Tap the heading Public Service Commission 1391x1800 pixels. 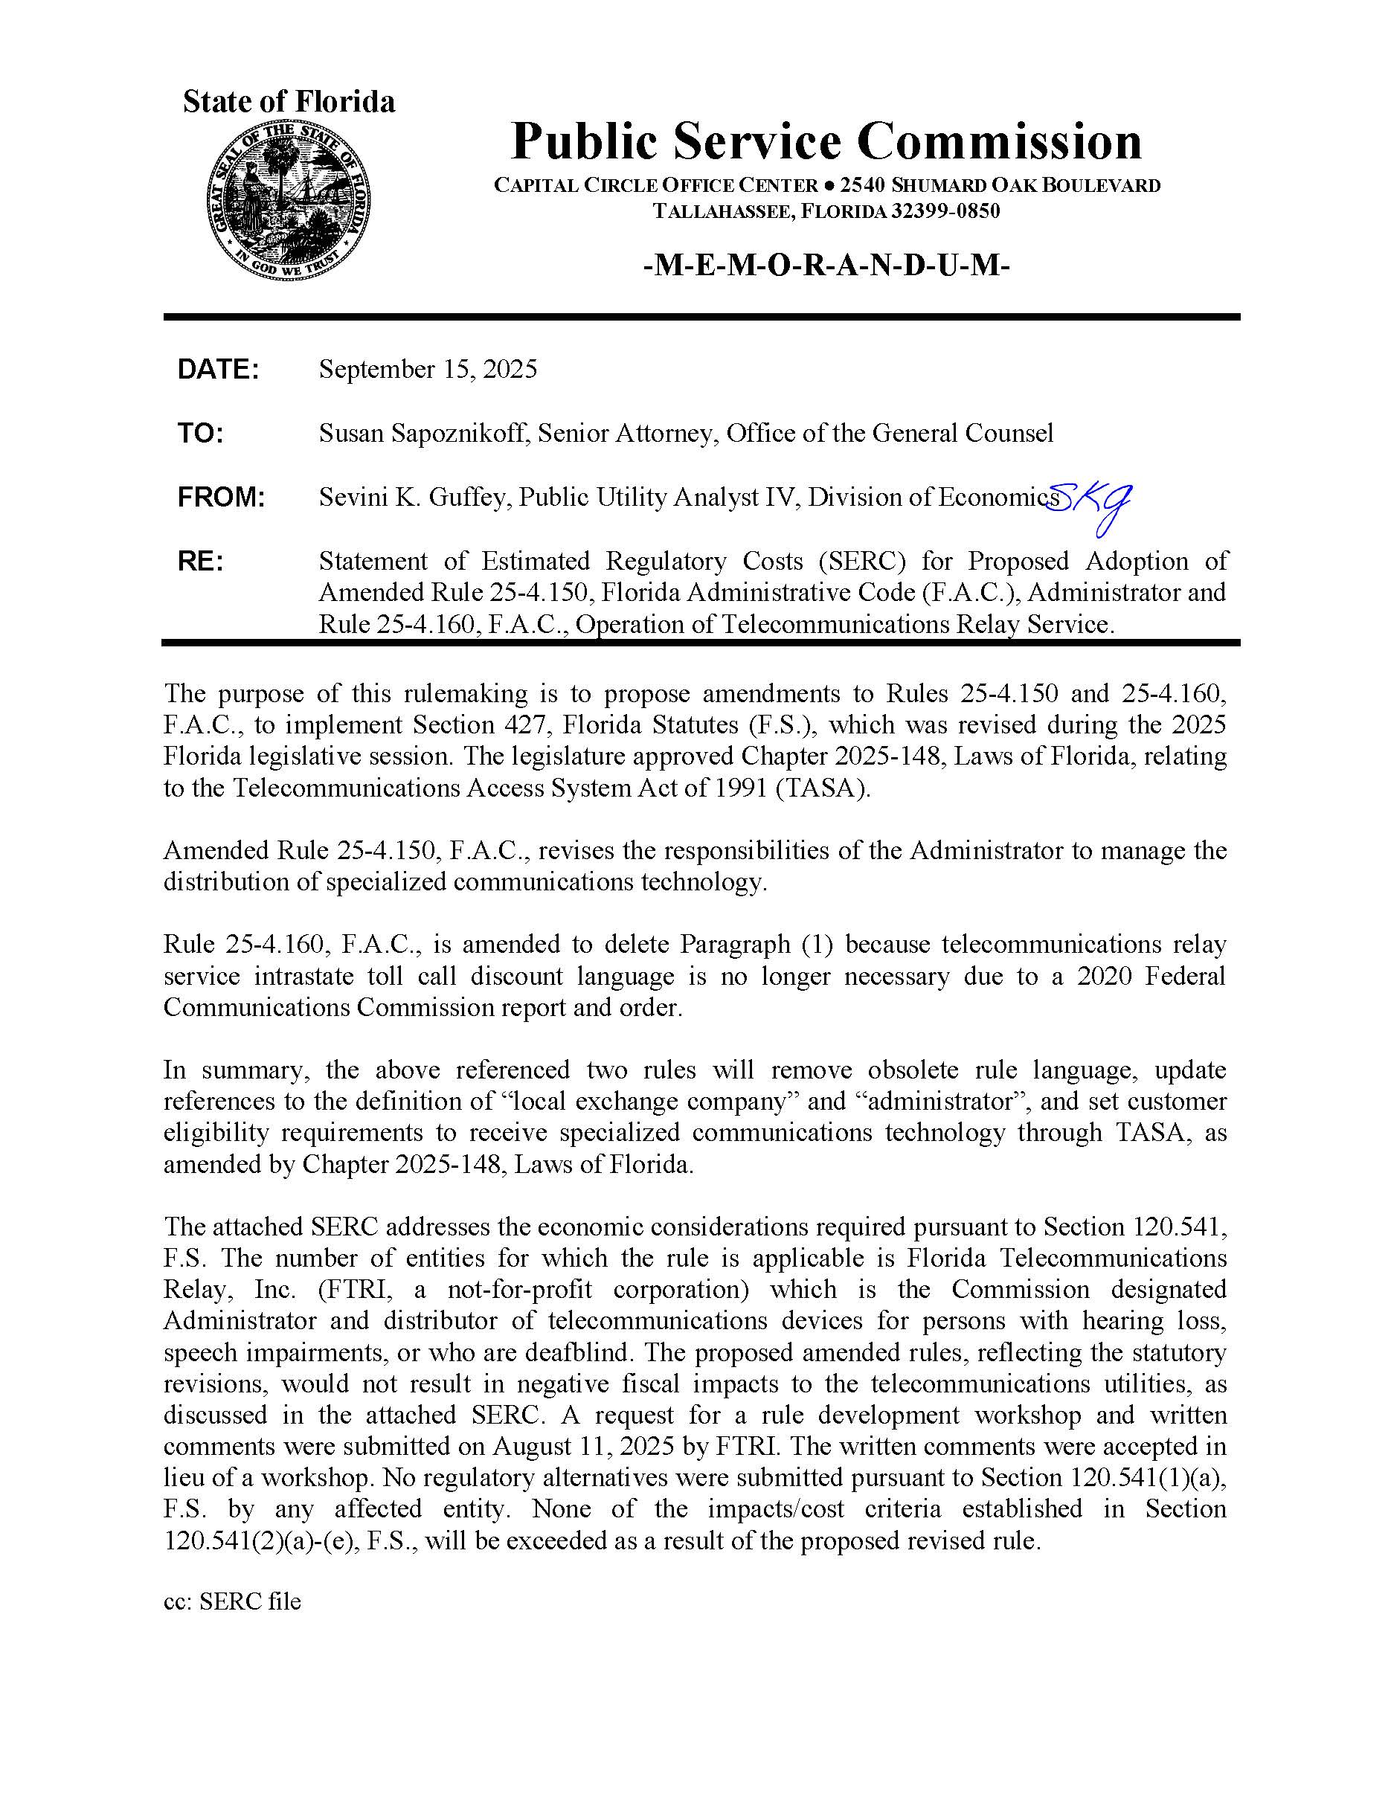pyautogui.click(x=826, y=141)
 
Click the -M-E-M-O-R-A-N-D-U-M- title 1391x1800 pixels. pyautogui.click(x=826, y=266)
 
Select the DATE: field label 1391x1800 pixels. pyautogui.click(x=219, y=369)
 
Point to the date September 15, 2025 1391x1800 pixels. pyautogui.click(x=428, y=369)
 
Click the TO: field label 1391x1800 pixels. pyautogui.click(x=200, y=434)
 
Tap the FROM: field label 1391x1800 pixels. pyautogui.click(x=221, y=498)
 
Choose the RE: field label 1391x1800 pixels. pyautogui.click(x=200, y=562)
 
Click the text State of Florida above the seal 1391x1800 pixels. pyautogui.click(x=289, y=101)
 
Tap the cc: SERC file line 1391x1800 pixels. pyautogui.click(x=232, y=1601)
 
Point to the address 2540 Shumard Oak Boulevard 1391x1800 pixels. pyautogui.click(x=1000, y=185)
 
